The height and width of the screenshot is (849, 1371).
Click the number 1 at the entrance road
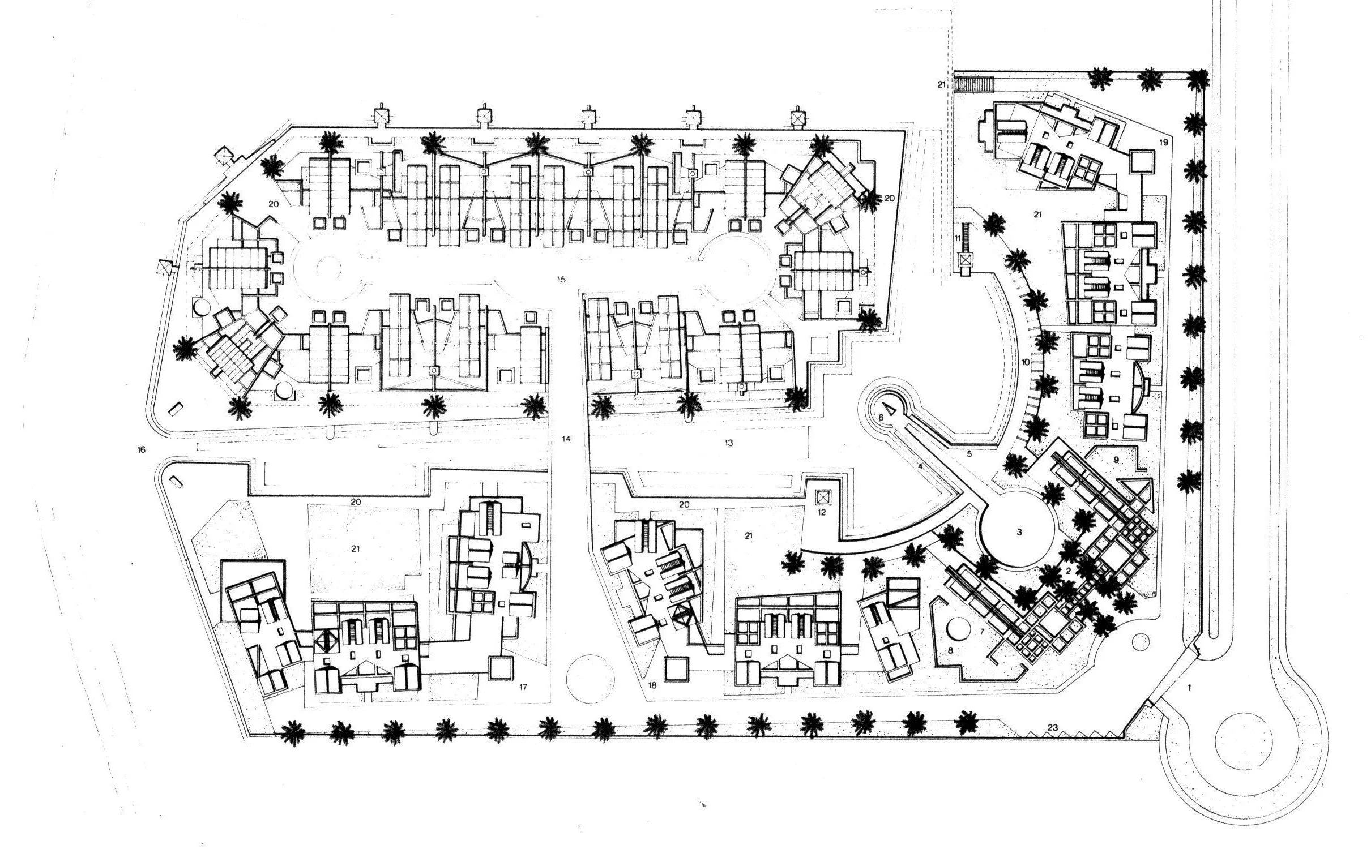1189,688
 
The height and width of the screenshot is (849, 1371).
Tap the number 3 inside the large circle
1019,532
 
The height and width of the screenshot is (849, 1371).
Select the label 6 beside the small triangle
881,417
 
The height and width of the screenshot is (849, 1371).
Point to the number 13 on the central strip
729,443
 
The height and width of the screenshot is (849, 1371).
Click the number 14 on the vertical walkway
566,439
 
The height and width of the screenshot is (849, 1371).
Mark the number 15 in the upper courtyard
561,280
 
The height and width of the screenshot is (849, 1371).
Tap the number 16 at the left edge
142,450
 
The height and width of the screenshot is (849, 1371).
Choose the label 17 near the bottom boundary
523,687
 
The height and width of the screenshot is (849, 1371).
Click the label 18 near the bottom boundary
652,685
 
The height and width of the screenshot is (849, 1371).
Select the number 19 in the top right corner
1164,143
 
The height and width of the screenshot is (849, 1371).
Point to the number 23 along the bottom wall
1053,727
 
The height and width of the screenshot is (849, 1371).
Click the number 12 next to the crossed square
822,513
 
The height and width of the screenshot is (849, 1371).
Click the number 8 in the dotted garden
951,651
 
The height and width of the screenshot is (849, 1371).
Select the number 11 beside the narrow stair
958,238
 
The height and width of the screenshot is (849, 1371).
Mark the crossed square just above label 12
822,498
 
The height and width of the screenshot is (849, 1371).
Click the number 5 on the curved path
969,454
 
